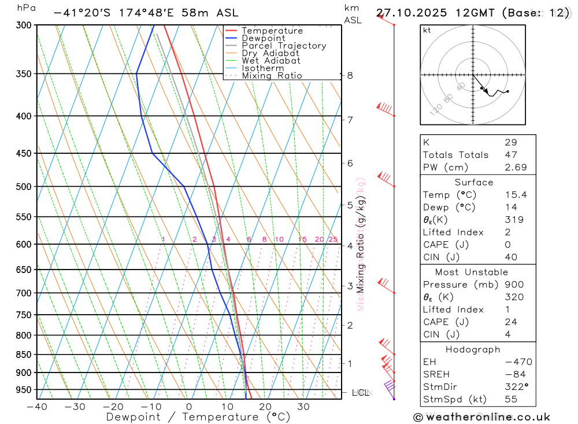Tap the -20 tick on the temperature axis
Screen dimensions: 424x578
coord(113,407)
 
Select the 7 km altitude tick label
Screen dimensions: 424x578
coord(350,120)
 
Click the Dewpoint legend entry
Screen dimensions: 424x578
coord(263,39)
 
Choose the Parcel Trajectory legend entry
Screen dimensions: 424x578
coord(283,46)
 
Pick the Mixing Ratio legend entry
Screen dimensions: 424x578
coord(272,76)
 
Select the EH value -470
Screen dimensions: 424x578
coord(518,362)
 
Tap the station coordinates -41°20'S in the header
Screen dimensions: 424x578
coord(82,13)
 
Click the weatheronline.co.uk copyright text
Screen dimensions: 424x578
coord(481,417)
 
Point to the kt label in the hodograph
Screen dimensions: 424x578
coord(427,31)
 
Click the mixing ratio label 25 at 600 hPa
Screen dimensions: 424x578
coord(333,239)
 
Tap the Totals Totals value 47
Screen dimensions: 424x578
coord(510,155)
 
